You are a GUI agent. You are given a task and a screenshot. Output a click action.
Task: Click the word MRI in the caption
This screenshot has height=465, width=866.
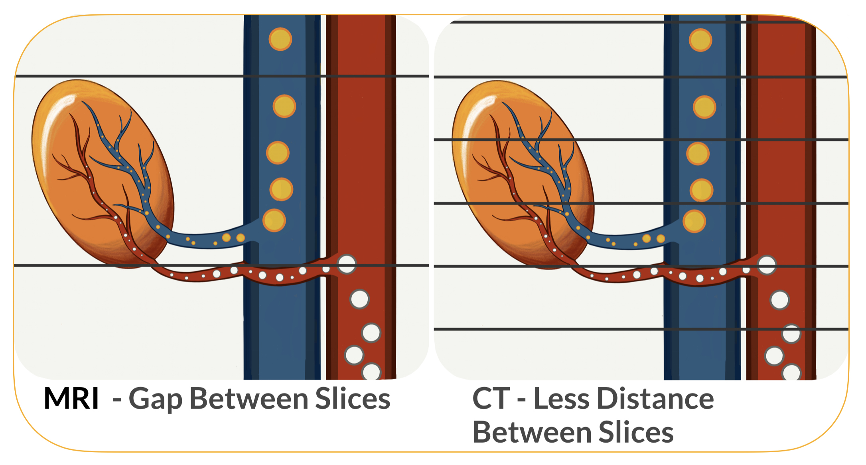click(x=71, y=398)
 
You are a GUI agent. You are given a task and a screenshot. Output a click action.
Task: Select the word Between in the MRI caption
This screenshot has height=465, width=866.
click(x=249, y=398)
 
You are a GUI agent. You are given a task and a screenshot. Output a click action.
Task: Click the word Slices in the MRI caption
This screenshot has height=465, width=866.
click(x=353, y=398)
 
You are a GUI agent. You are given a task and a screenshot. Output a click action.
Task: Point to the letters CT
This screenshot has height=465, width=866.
click(x=491, y=398)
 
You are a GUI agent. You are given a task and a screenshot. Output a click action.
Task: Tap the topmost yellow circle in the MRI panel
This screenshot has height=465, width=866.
click(x=280, y=39)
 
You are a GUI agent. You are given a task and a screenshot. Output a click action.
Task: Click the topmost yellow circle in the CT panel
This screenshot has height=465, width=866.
click(x=700, y=40)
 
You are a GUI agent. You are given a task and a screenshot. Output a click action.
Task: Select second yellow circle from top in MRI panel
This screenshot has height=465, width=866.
click(x=284, y=106)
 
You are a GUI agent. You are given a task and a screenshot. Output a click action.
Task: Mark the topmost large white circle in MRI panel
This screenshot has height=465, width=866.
click(x=346, y=264)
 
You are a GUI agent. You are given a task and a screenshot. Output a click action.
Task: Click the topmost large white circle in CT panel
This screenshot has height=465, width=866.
click(x=767, y=265)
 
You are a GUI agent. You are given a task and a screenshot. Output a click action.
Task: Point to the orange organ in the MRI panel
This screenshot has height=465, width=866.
click(x=103, y=174)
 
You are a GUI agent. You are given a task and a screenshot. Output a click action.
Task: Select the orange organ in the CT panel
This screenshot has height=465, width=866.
click(x=523, y=175)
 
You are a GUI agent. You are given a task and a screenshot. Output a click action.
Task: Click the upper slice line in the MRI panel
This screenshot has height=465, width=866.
click(x=222, y=76)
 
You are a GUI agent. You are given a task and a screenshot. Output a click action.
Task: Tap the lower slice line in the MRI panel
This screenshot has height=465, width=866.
click(x=222, y=265)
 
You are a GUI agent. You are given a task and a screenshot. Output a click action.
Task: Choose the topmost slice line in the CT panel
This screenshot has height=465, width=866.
click(x=628, y=22)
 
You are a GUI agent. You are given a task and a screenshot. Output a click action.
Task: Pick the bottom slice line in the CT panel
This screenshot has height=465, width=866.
click(x=641, y=329)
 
